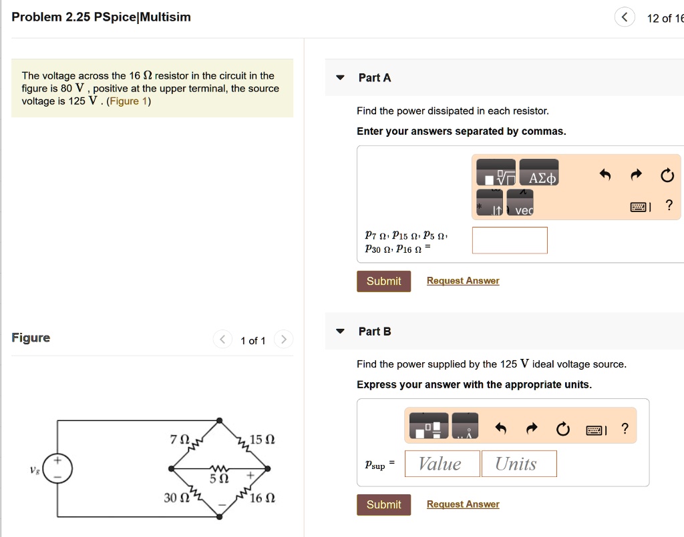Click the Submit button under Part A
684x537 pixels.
(x=383, y=281)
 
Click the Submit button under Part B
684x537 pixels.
(x=383, y=504)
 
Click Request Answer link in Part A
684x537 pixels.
(x=463, y=281)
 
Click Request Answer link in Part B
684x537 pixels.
(x=463, y=504)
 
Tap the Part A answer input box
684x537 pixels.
(x=510, y=240)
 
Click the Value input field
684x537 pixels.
(x=442, y=464)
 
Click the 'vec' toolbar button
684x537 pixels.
(x=520, y=204)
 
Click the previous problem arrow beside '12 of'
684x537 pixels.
(x=625, y=18)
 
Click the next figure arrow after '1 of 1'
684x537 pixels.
(x=283, y=340)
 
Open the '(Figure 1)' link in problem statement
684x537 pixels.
(x=129, y=101)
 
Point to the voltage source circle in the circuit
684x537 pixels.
(x=58, y=468)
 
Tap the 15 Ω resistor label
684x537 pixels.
(x=262, y=440)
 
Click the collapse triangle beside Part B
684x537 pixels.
(x=340, y=332)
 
